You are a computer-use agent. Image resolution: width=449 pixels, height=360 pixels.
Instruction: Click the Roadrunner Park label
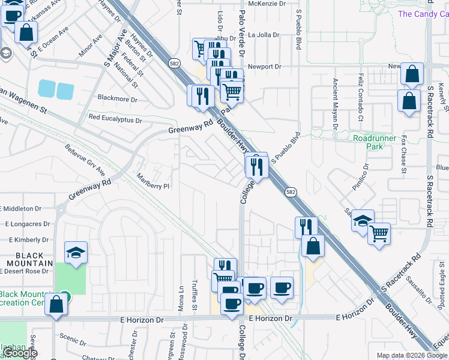click(x=375, y=142)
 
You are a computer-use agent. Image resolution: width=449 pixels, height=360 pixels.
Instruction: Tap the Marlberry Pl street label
click(x=153, y=185)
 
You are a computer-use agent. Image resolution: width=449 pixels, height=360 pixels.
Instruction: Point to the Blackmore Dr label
click(x=117, y=99)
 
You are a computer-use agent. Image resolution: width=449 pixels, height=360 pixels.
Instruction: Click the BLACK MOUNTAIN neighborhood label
click(x=26, y=259)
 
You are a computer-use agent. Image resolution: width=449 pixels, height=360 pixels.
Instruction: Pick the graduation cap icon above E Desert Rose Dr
click(x=76, y=252)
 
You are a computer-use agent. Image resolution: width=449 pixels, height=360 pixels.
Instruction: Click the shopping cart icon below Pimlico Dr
click(x=379, y=233)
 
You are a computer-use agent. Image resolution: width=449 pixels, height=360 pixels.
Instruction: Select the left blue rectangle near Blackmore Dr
click(x=46, y=89)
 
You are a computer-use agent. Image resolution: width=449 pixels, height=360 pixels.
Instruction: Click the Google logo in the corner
click(x=21, y=353)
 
